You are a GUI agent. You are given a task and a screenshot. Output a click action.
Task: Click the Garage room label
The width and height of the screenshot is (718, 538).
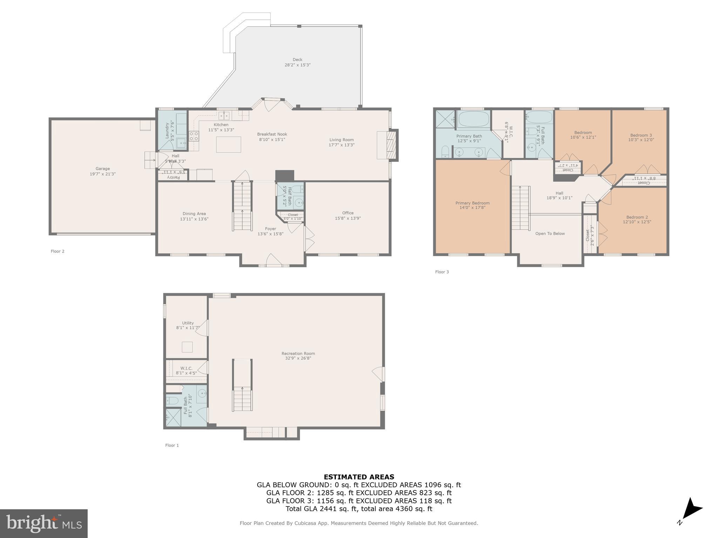102,168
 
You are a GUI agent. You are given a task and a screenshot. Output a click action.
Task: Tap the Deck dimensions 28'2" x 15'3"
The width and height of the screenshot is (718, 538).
297,65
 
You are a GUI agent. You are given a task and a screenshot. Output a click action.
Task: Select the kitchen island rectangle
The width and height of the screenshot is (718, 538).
229,144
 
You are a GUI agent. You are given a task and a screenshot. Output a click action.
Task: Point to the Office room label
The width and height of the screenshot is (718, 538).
348,213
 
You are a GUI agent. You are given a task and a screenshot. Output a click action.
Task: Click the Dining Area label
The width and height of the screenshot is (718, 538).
194,214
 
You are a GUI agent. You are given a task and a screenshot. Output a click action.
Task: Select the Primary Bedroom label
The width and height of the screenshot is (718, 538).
472,203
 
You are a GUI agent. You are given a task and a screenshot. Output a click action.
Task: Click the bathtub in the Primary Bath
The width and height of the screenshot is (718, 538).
473,119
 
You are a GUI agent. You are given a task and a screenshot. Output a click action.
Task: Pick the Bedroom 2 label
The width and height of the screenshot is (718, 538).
637,217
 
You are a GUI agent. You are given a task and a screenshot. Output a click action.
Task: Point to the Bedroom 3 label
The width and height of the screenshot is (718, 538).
641,135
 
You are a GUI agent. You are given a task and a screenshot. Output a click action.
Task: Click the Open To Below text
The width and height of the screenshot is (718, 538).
550,234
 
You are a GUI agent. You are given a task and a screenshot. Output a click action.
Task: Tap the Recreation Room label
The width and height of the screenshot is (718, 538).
298,353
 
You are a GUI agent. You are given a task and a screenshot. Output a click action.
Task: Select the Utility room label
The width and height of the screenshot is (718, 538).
188,323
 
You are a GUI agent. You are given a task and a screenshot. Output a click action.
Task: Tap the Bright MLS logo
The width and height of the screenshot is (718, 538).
44,523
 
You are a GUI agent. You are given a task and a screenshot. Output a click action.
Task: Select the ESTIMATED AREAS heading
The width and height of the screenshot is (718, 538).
359,477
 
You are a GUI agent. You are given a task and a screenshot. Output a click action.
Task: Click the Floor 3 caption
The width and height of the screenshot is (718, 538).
442,272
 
